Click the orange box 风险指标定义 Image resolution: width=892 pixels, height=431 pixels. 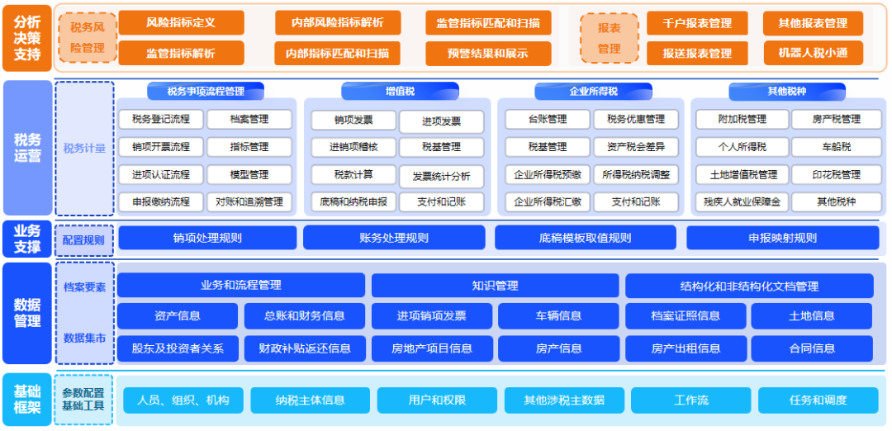[181, 23]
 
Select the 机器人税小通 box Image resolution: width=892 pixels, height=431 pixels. [813, 53]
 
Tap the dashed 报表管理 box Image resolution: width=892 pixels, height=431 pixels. [609, 38]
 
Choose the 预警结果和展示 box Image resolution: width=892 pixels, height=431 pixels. [488, 53]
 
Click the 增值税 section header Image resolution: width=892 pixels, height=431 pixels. [400, 91]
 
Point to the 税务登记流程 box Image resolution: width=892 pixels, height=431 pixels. [160, 120]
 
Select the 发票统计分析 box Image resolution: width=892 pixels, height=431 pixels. [441, 176]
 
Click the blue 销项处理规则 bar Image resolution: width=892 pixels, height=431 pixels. [207, 238]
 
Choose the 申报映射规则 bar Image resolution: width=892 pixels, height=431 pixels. [782, 238]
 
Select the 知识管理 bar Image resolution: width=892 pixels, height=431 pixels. [495, 286]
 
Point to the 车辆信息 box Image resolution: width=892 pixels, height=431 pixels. [558, 315]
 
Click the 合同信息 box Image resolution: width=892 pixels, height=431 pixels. [812, 348]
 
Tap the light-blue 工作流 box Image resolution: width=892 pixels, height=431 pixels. [690, 400]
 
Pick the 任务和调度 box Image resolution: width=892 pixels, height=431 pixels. [818, 400]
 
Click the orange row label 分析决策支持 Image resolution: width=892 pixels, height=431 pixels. [27, 38]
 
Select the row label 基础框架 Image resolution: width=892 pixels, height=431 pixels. [27, 400]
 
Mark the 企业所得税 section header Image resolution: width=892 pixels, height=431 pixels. [593, 91]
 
